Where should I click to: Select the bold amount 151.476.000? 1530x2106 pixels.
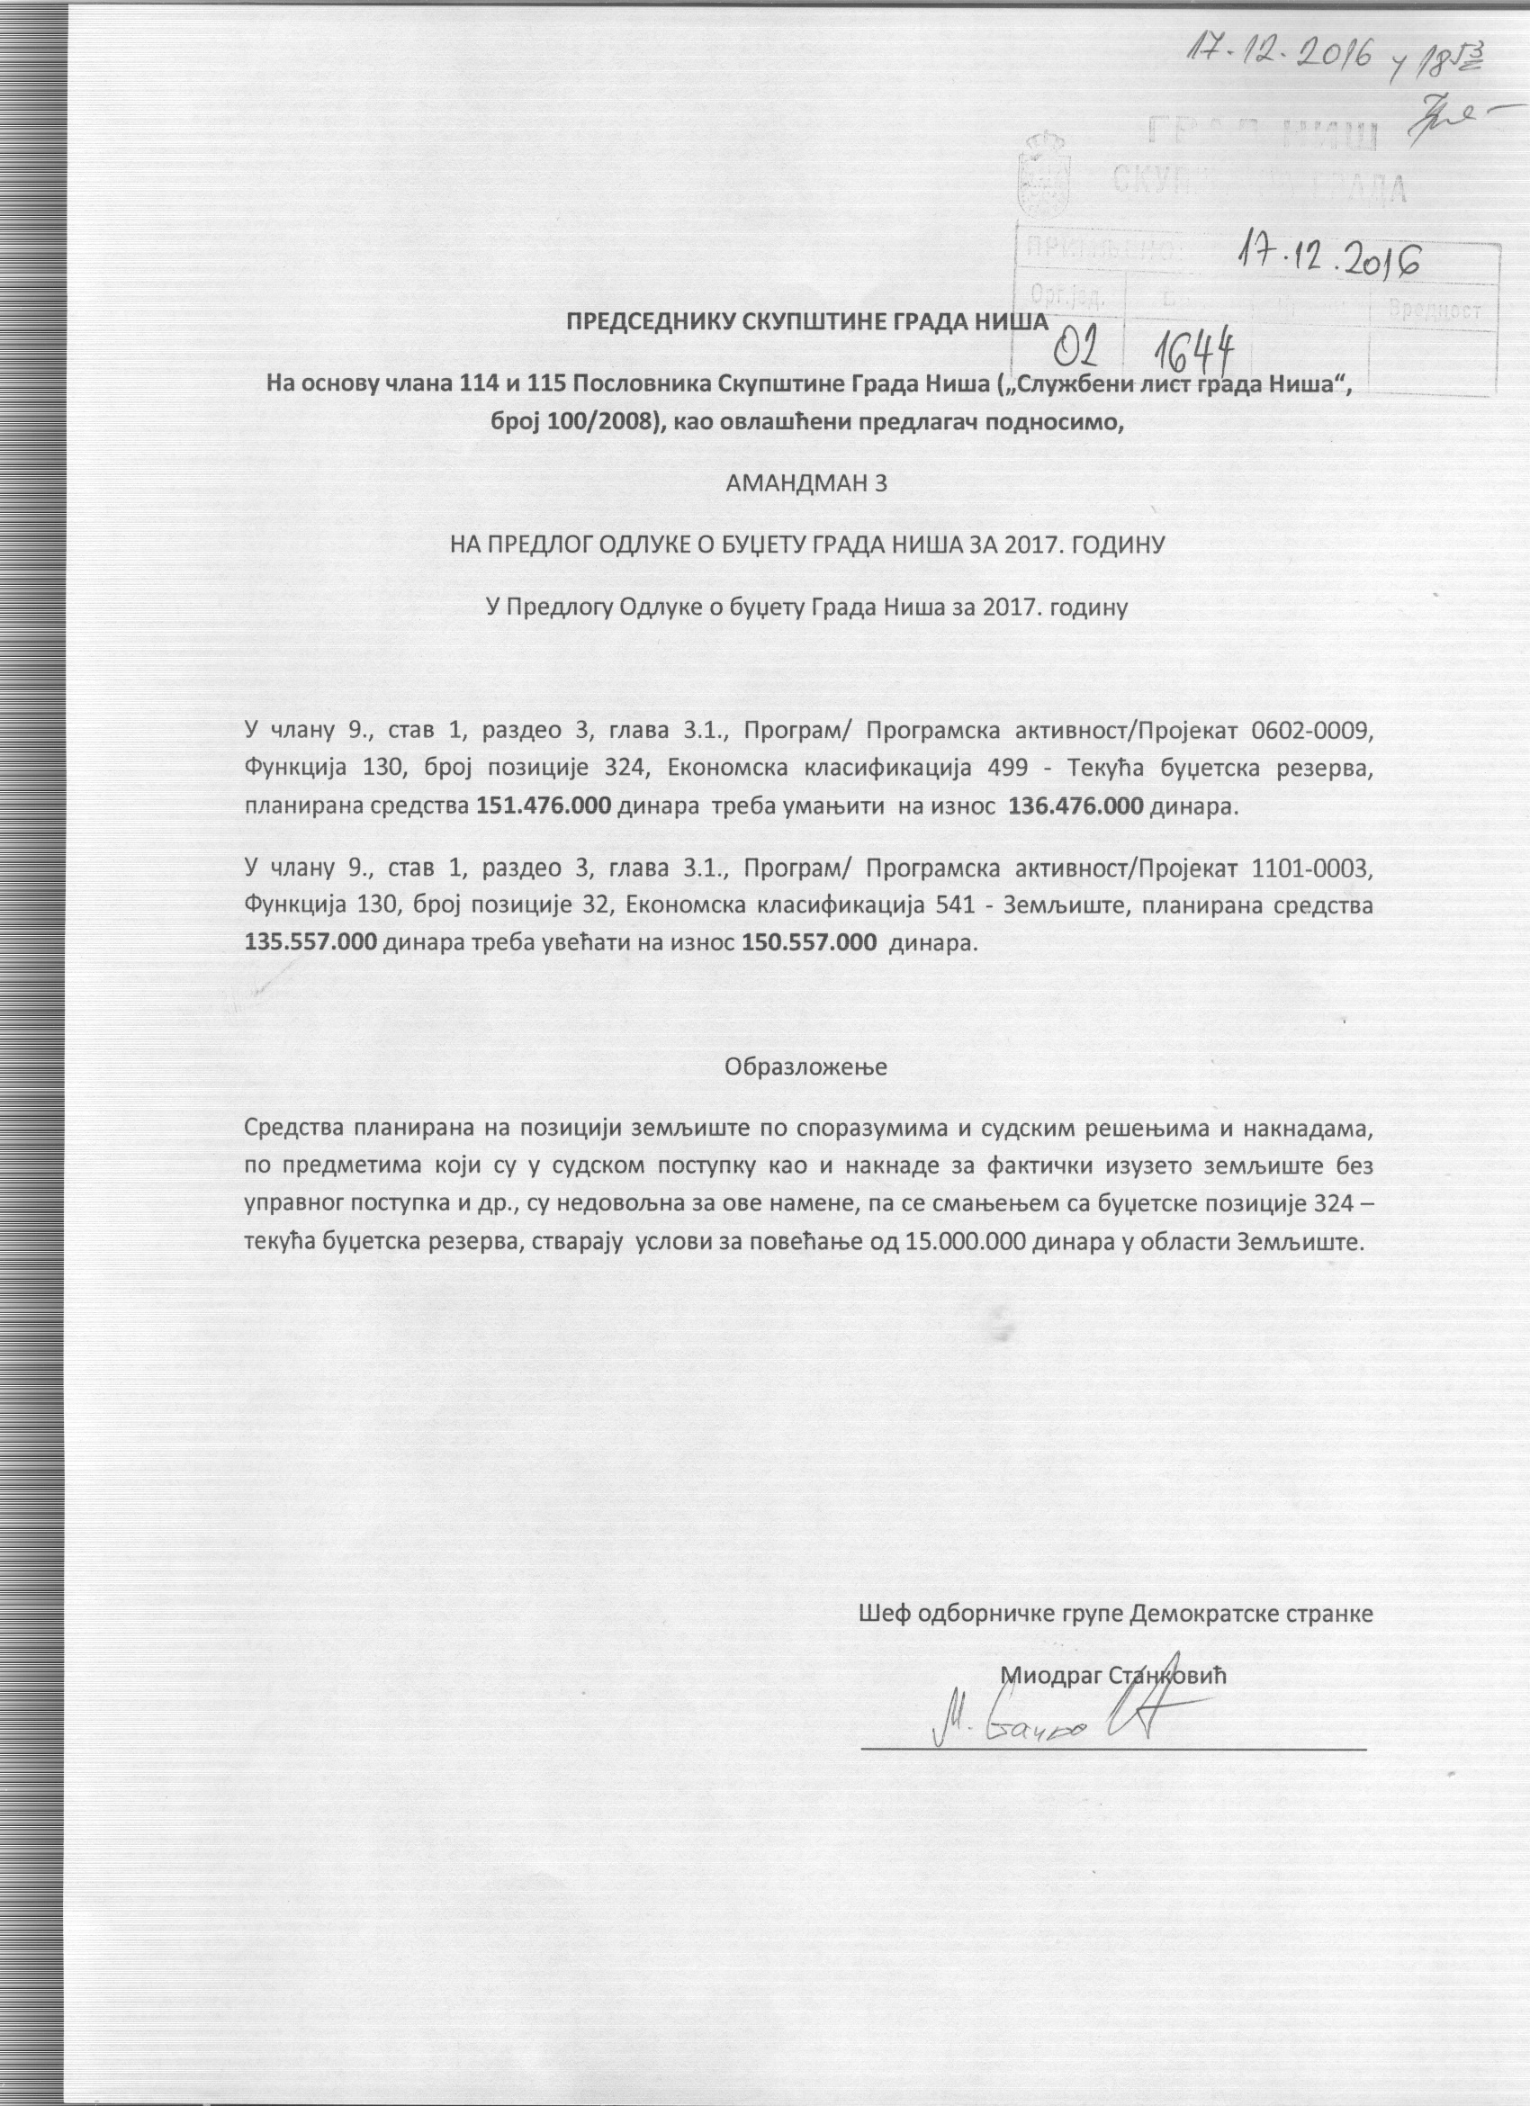coord(544,806)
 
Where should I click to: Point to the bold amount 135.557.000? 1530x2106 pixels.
coord(311,942)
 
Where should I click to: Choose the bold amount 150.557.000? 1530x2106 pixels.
coord(811,942)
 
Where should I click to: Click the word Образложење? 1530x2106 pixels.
coord(805,1066)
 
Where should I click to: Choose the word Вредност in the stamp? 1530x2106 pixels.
coord(1435,313)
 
